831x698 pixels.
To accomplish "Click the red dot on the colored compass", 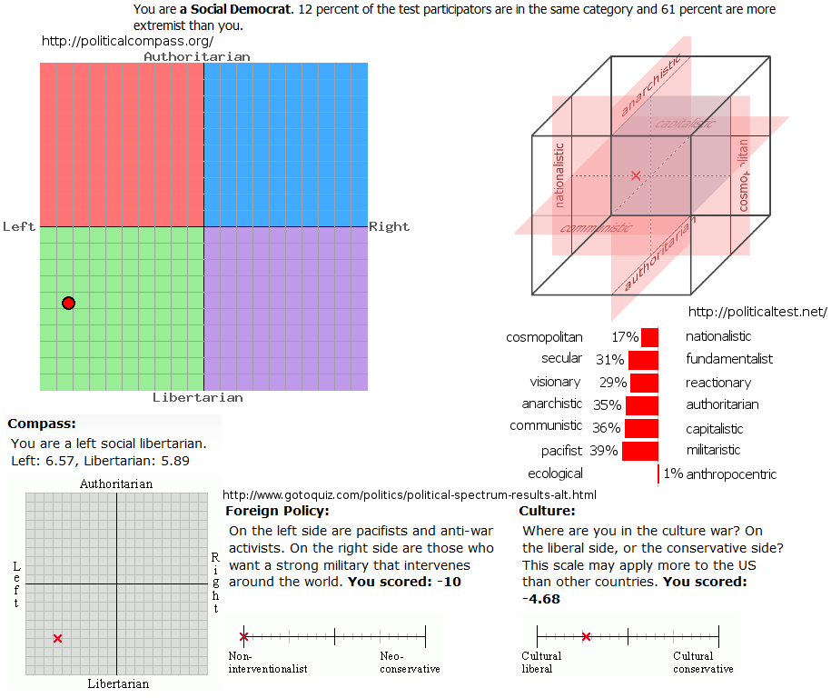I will click(x=68, y=303).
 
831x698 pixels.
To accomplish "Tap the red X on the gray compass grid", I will click(x=58, y=639).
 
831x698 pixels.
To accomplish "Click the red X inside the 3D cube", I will click(x=636, y=174).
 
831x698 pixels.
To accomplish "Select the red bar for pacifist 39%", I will click(x=641, y=451).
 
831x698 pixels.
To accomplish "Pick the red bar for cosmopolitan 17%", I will click(x=649, y=337).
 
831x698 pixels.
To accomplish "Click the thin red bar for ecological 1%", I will click(x=658, y=474).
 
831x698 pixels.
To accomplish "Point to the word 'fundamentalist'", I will click(x=729, y=359).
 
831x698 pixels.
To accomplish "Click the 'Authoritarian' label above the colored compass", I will click(x=197, y=56).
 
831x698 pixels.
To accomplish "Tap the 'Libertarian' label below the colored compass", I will click(x=197, y=397).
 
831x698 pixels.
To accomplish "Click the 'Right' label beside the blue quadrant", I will click(x=389, y=226).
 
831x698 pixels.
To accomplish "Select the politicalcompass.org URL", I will click(x=128, y=42).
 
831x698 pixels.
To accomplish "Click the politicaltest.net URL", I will click(x=758, y=312).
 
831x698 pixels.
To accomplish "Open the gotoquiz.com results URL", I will click(x=410, y=494).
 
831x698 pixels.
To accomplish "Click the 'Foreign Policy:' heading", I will click(x=277, y=511).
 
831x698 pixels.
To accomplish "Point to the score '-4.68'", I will click(x=541, y=599).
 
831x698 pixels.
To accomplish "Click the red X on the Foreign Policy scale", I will click(x=243, y=637).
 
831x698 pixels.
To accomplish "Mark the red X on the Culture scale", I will click(x=586, y=637).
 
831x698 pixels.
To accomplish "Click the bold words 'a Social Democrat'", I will click(x=236, y=10).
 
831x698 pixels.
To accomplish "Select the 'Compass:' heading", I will click(x=42, y=424).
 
